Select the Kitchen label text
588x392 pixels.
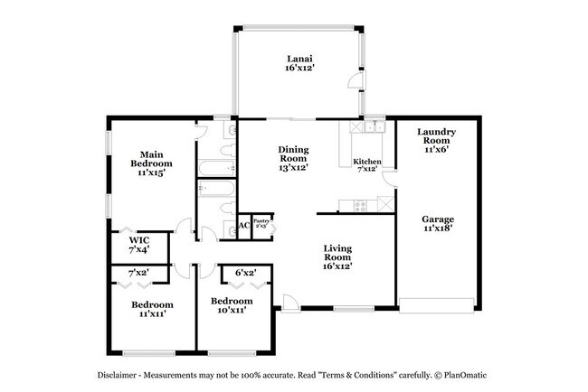pos(367,162)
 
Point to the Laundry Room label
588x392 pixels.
pos(436,136)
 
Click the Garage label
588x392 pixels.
pos(438,219)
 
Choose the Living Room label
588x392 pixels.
pos(337,252)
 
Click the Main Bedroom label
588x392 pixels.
pos(150,157)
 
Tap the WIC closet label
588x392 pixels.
pos(139,240)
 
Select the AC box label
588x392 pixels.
pos(244,226)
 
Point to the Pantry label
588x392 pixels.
pos(261,220)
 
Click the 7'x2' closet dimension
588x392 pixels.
pos(138,272)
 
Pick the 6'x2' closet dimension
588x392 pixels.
pos(246,272)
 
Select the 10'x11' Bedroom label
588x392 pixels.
pos(232,305)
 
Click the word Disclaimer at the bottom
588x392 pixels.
pos(123,374)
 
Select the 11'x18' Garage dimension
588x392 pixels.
pos(438,229)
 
